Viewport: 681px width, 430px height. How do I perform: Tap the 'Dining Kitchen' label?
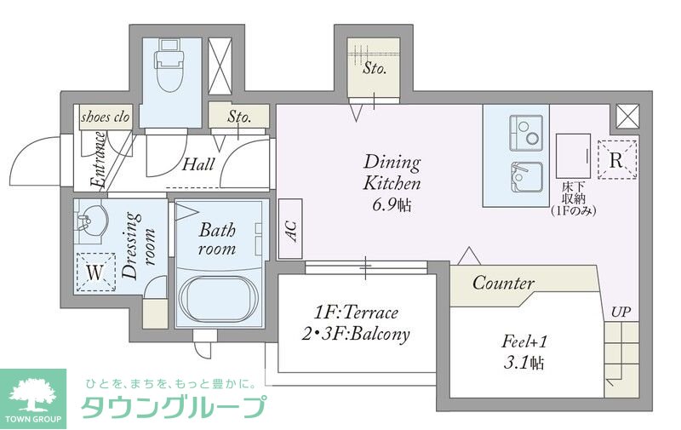(x=392, y=172)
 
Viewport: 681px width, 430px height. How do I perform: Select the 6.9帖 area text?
(x=392, y=204)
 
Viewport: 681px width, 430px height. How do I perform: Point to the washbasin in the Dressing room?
(x=88, y=223)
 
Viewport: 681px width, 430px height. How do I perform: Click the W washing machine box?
(x=95, y=273)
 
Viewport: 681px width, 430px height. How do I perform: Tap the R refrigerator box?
(x=617, y=159)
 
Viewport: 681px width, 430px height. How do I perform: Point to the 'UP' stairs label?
(x=621, y=312)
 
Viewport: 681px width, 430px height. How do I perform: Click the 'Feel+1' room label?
(x=524, y=342)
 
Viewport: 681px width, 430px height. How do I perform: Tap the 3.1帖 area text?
(x=524, y=364)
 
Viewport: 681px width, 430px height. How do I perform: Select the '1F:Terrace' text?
(x=356, y=312)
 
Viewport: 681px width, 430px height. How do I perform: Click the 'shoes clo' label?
(x=106, y=118)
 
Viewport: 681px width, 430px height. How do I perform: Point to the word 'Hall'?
(x=197, y=164)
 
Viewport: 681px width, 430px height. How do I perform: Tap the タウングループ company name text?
(x=173, y=409)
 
